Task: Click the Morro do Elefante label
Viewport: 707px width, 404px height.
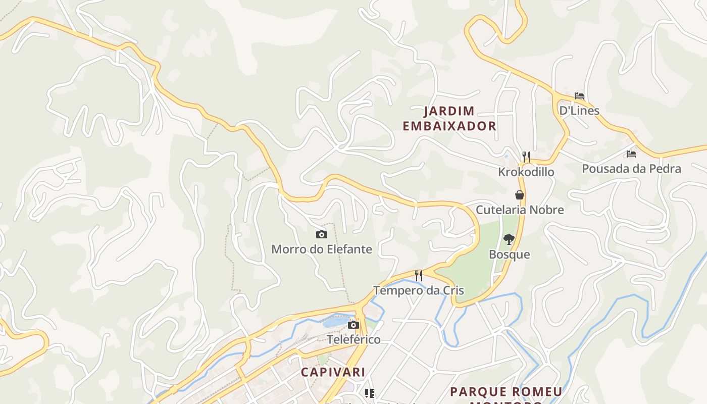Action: coord(322,249)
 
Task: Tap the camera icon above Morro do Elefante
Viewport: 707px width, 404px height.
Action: coord(321,234)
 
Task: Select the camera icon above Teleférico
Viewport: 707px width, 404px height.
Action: coord(353,325)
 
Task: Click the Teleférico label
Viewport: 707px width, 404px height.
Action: coord(353,339)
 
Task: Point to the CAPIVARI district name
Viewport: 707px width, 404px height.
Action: coord(333,372)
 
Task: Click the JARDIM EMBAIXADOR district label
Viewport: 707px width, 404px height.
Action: coord(449,119)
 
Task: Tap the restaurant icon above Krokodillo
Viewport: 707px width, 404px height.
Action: coord(526,157)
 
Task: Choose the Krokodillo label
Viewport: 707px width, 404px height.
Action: coord(526,172)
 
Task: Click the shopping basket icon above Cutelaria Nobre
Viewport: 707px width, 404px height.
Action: coord(519,195)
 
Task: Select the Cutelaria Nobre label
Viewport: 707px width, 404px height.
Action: coord(520,210)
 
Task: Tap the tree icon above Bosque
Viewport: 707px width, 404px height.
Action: coord(509,239)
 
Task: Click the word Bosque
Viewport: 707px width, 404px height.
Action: coord(509,254)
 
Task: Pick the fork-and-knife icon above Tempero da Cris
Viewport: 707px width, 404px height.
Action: coord(418,275)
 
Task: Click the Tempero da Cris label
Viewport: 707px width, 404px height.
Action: coord(418,290)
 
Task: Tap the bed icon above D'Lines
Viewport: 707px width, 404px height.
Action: coord(579,96)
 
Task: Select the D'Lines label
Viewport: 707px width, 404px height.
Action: coord(579,111)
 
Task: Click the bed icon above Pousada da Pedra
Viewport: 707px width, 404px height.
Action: coord(631,154)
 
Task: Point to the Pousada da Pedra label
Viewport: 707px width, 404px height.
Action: coord(631,169)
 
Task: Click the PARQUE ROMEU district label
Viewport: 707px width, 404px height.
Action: coord(506,392)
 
